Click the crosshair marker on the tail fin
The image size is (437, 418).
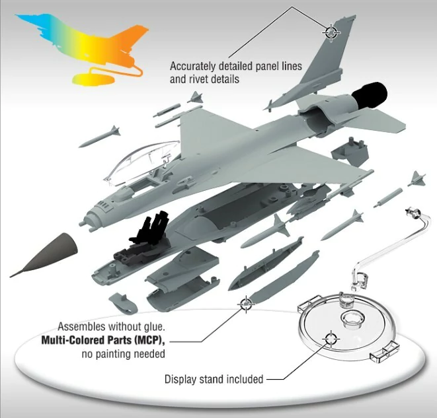tap(331, 32)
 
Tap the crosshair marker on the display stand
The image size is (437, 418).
tap(331, 339)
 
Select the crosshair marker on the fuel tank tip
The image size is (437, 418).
tap(246, 304)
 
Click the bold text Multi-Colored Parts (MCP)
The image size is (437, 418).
tap(102, 340)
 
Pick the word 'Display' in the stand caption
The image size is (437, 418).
tap(180, 379)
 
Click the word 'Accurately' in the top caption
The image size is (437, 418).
tap(193, 67)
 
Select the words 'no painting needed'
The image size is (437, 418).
tap(123, 354)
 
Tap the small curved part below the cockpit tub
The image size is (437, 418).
tap(123, 303)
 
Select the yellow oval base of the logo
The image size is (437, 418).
tap(93, 79)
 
